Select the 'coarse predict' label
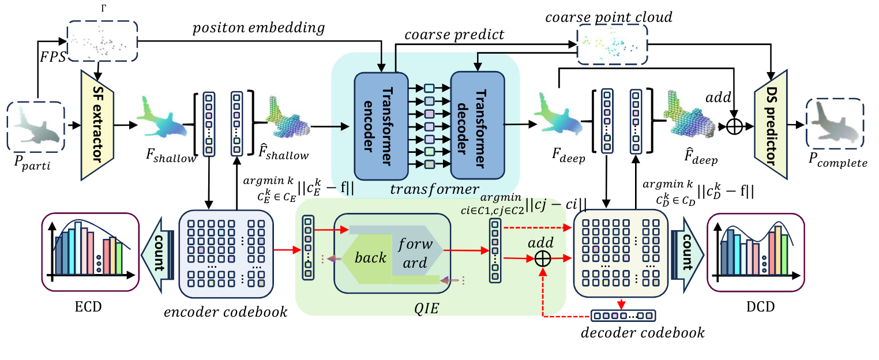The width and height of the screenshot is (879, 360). click(454, 35)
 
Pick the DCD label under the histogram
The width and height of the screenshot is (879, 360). click(754, 306)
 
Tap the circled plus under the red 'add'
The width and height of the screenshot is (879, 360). click(543, 260)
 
